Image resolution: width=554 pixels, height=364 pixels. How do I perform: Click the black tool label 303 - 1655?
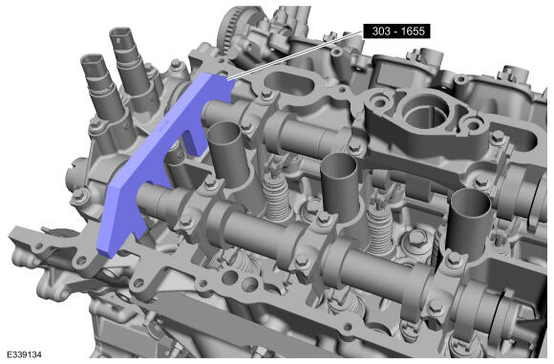click(x=397, y=32)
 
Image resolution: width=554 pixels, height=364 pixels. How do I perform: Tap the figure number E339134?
click(x=24, y=354)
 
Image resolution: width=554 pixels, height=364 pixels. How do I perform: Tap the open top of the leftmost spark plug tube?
click(x=224, y=132)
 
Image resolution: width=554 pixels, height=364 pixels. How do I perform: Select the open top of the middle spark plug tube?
click(x=339, y=163)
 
